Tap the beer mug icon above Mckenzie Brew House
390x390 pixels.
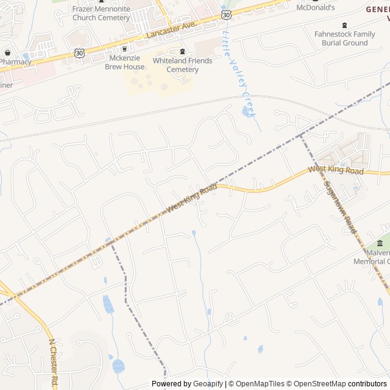tap(126, 49)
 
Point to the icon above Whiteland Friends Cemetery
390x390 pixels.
tap(182, 51)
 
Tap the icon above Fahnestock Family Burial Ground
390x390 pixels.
tap(345, 25)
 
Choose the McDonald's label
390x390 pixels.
tap(316, 8)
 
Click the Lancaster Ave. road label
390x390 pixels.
tap(171, 30)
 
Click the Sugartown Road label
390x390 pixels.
tap(339, 207)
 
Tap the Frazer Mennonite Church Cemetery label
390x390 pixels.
tap(101, 13)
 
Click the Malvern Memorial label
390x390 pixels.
tap(373, 257)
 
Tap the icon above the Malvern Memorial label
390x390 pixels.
tap(380, 244)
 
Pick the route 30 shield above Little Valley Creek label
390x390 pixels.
tap(226, 13)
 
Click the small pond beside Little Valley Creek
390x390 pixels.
tap(246, 112)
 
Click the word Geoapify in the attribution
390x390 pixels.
tap(208, 384)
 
